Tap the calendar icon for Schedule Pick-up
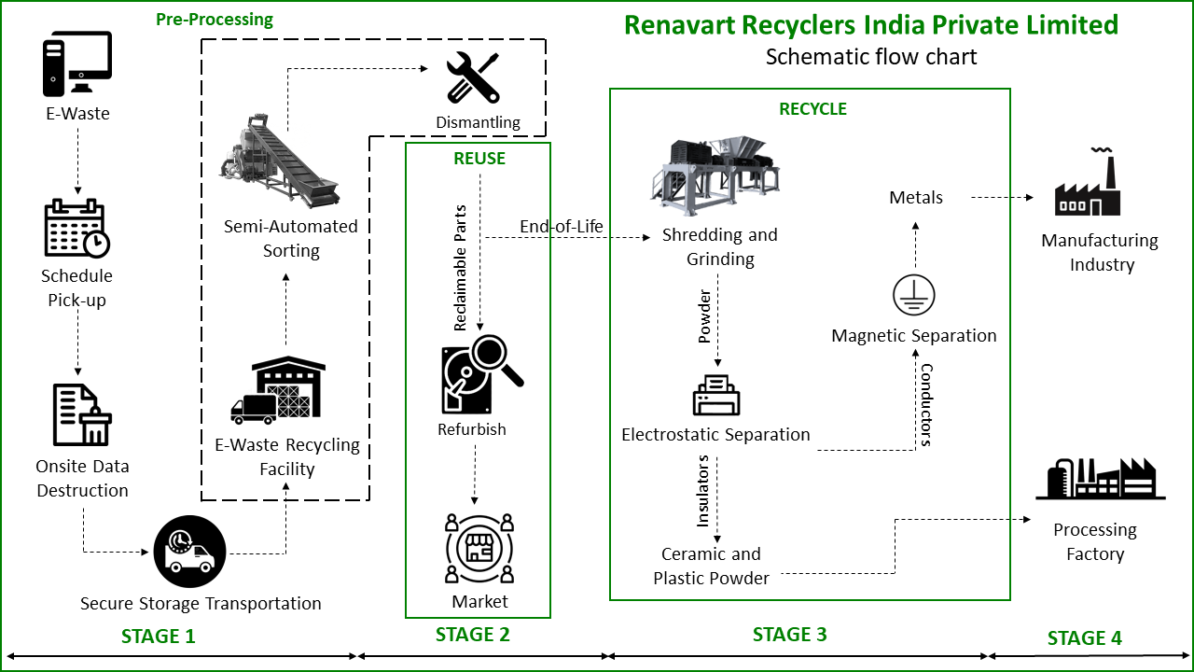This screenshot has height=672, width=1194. click(76, 228)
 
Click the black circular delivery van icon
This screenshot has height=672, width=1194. click(189, 551)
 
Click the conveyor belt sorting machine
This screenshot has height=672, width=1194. click(280, 161)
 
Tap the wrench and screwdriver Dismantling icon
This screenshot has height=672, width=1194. click(473, 77)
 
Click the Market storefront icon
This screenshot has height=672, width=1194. click(479, 548)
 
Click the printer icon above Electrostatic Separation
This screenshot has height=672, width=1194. click(716, 396)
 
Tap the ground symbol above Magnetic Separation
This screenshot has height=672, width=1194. click(913, 296)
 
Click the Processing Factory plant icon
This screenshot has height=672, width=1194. click(1100, 480)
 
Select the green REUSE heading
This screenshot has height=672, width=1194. click(479, 159)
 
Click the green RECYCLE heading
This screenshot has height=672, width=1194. click(812, 109)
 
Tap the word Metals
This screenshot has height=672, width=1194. click(916, 198)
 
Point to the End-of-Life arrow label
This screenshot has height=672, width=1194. click(562, 227)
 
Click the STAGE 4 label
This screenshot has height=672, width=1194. click(1084, 638)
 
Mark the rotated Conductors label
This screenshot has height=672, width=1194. click(926, 404)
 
